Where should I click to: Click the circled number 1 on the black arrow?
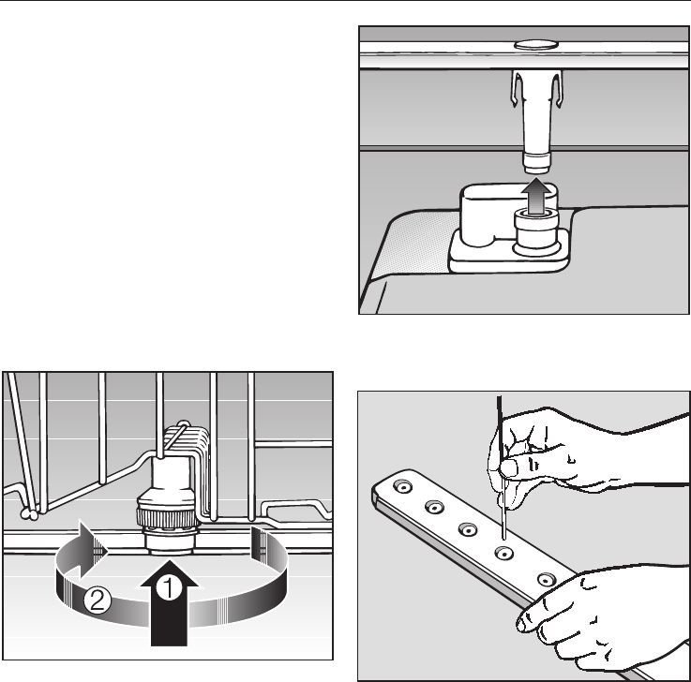[169, 588]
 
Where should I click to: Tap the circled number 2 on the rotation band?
[98, 600]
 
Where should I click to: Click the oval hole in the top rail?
[536, 44]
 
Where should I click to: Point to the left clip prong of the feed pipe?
[516, 88]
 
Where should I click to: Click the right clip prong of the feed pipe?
[558, 89]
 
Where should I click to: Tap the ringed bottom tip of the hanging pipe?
[536, 162]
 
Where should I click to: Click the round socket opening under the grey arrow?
[535, 214]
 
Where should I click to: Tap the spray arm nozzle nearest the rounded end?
[402, 487]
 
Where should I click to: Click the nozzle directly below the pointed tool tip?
[504, 553]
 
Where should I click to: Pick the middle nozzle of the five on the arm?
[468, 529]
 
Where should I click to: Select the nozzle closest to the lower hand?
[547, 579]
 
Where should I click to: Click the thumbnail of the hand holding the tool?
[509, 467]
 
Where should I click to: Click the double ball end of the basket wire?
[29, 513]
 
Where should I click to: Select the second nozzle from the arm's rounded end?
[434, 507]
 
